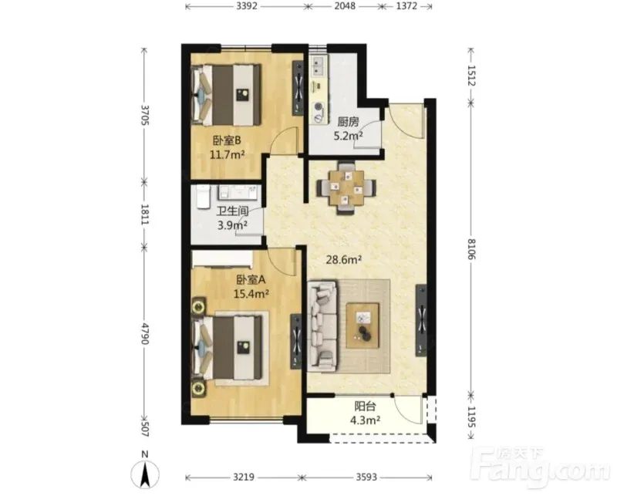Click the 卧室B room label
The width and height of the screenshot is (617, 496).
(x=227, y=140)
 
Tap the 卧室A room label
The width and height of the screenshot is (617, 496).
(x=251, y=280)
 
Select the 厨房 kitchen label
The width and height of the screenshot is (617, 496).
(x=349, y=122)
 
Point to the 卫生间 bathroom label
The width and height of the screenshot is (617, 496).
(x=232, y=211)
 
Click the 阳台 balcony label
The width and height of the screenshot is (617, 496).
(x=365, y=407)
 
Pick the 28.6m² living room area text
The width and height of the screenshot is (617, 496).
(x=344, y=259)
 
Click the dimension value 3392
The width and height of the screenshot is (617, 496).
(x=246, y=6)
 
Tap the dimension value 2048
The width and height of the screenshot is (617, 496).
(x=345, y=6)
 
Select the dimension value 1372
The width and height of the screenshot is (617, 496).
(x=406, y=6)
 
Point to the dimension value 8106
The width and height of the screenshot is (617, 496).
(x=471, y=248)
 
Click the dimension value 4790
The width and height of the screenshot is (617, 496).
(x=145, y=334)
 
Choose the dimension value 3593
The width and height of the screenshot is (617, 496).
(x=366, y=477)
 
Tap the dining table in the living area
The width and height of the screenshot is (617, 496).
(x=346, y=188)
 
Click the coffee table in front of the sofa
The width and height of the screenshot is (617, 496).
(x=362, y=326)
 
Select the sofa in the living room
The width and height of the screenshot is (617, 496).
(x=322, y=326)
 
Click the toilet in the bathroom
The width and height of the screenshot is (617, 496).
(x=202, y=197)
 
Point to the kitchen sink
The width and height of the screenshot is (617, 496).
(x=319, y=66)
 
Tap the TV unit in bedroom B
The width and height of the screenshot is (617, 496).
(x=298, y=88)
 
